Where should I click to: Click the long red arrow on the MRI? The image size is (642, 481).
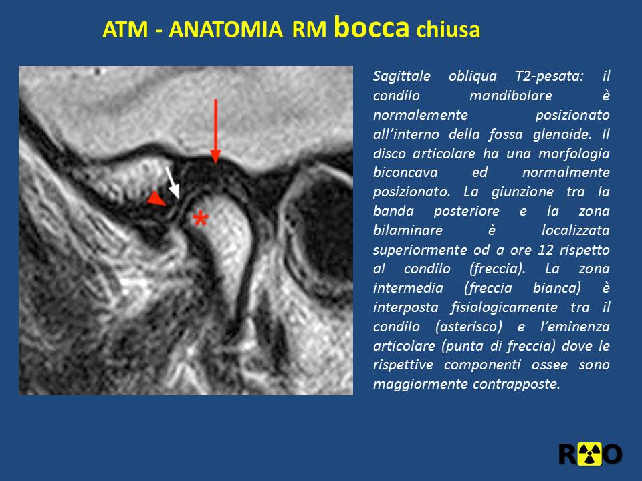click(215, 131)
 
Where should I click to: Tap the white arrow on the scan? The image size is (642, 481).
click(173, 182)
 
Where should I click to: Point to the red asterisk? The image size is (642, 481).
click(200, 219)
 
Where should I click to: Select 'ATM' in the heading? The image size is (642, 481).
click(125, 29)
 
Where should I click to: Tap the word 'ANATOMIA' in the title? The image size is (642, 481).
click(225, 29)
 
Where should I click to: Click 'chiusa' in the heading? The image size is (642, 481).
click(448, 29)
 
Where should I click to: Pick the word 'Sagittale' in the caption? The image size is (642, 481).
click(402, 76)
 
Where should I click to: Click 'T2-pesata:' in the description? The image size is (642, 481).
click(549, 76)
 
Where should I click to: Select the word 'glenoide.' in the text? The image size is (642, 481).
click(562, 134)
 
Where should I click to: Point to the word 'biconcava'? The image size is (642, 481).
click(405, 172)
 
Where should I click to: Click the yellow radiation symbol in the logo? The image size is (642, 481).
click(588, 454)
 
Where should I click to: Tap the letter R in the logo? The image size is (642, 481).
click(568, 454)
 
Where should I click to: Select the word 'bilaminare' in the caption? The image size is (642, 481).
click(408, 230)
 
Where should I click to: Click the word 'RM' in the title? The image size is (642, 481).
click(309, 29)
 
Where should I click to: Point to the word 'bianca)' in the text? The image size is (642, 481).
click(557, 288)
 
